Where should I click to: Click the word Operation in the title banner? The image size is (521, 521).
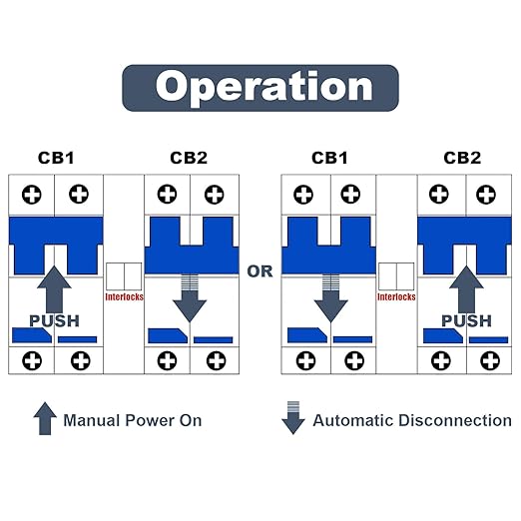pyautogui.click(x=263, y=87)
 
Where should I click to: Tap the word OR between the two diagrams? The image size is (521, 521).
pyautogui.click(x=260, y=271)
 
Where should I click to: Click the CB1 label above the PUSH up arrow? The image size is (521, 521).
pyautogui.click(x=56, y=158)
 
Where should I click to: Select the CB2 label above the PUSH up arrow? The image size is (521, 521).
pyautogui.click(x=462, y=158)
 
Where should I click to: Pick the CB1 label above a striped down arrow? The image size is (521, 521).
pyautogui.click(x=329, y=158)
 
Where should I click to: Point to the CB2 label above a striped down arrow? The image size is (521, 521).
pyautogui.click(x=189, y=158)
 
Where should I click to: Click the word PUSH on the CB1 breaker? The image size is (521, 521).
pyautogui.click(x=54, y=321)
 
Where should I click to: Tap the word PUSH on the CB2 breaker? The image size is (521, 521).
pyautogui.click(x=466, y=321)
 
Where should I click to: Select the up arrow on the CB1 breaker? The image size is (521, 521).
pyautogui.click(x=54, y=289)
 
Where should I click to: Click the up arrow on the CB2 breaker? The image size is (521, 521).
pyautogui.click(x=466, y=289)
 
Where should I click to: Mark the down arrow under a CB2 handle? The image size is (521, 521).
pyautogui.click(x=190, y=298)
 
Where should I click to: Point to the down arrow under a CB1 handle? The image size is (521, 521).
pyautogui.click(x=331, y=298)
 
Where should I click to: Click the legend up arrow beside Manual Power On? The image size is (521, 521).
pyautogui.click(x=45, y=418)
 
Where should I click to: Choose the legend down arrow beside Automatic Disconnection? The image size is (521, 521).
pyautogui.click(x=293, y=418)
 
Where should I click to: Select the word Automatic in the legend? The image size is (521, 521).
pyautogui.click(x=353, y=420)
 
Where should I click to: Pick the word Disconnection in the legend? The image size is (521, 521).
pyautogui.click(x=455, y=420)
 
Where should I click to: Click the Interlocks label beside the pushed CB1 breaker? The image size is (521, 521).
pyautogui.click(x=124, y=296)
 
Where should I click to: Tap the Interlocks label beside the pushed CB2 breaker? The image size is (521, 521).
pyautogui.click(x=396, y=296)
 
